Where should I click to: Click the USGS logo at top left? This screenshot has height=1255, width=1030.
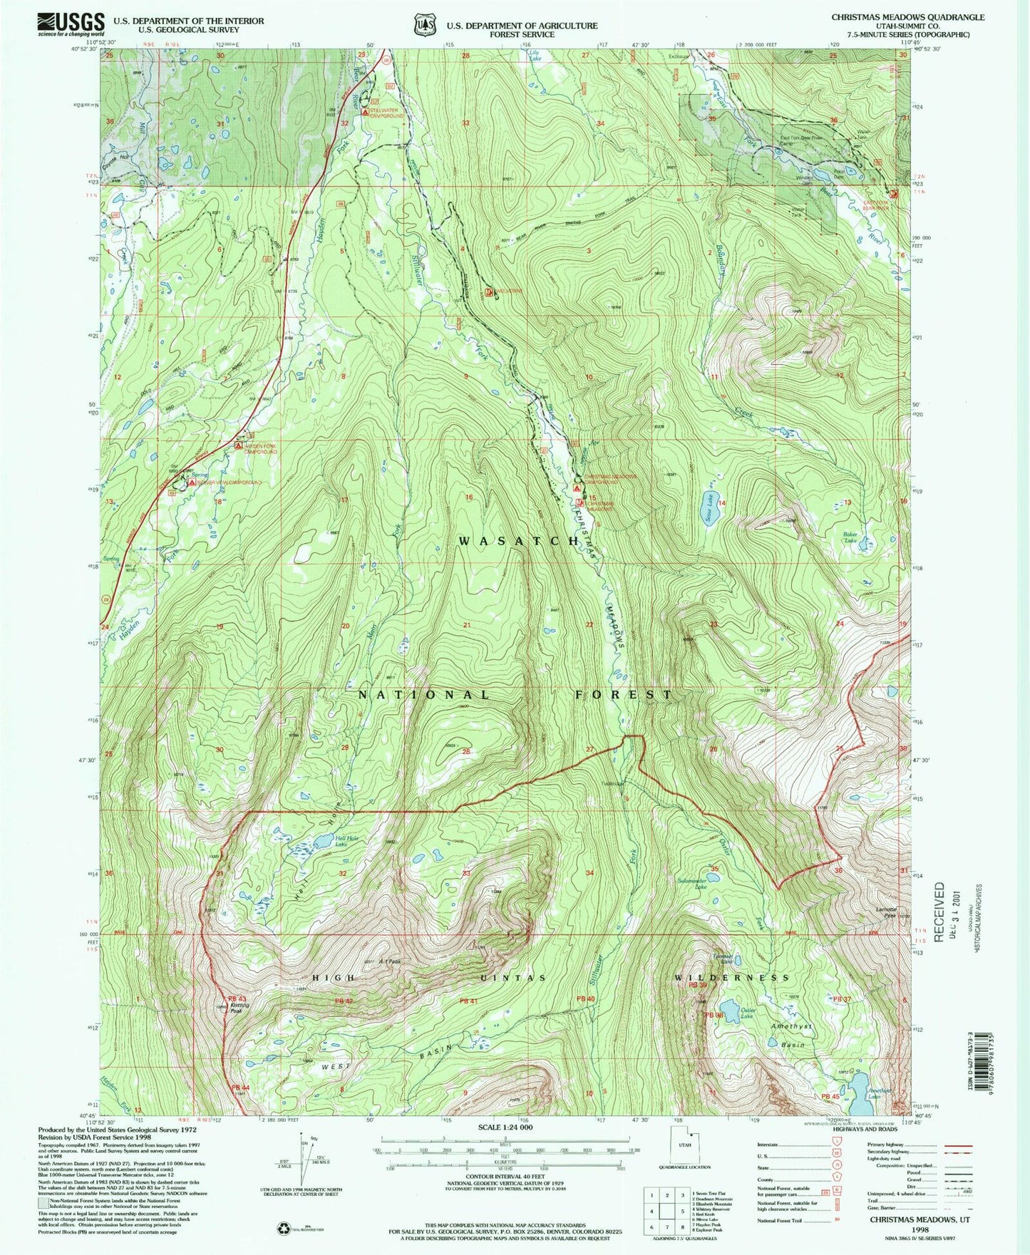click(x=71, y=24)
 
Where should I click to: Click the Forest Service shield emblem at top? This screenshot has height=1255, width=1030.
click(x=425, y=25)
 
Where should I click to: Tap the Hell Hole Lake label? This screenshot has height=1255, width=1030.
click(x=347, y=842)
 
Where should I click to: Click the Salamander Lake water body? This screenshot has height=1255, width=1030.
click(x=714, y=869)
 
